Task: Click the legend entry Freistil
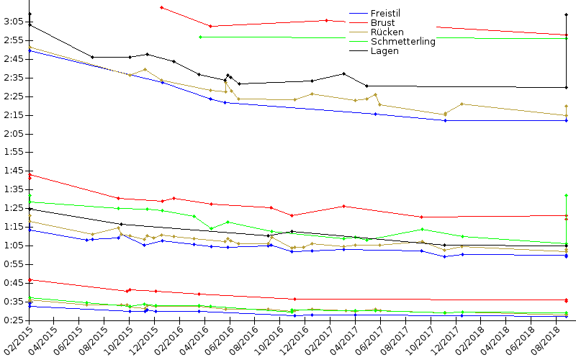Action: [385, 14]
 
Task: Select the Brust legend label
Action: [382, 23]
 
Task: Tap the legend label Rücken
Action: [387, 32]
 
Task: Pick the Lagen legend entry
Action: [384, 51]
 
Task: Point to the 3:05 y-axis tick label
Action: [13, 22]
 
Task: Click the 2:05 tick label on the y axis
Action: [13, 134]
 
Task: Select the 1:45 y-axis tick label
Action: [13, 171]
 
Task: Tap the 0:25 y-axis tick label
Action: [13, 320]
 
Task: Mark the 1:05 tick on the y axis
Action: [13, 246]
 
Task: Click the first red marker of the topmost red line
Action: [161, 7]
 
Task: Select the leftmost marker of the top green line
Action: [199, 37]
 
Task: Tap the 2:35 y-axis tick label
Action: [13, 78]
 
